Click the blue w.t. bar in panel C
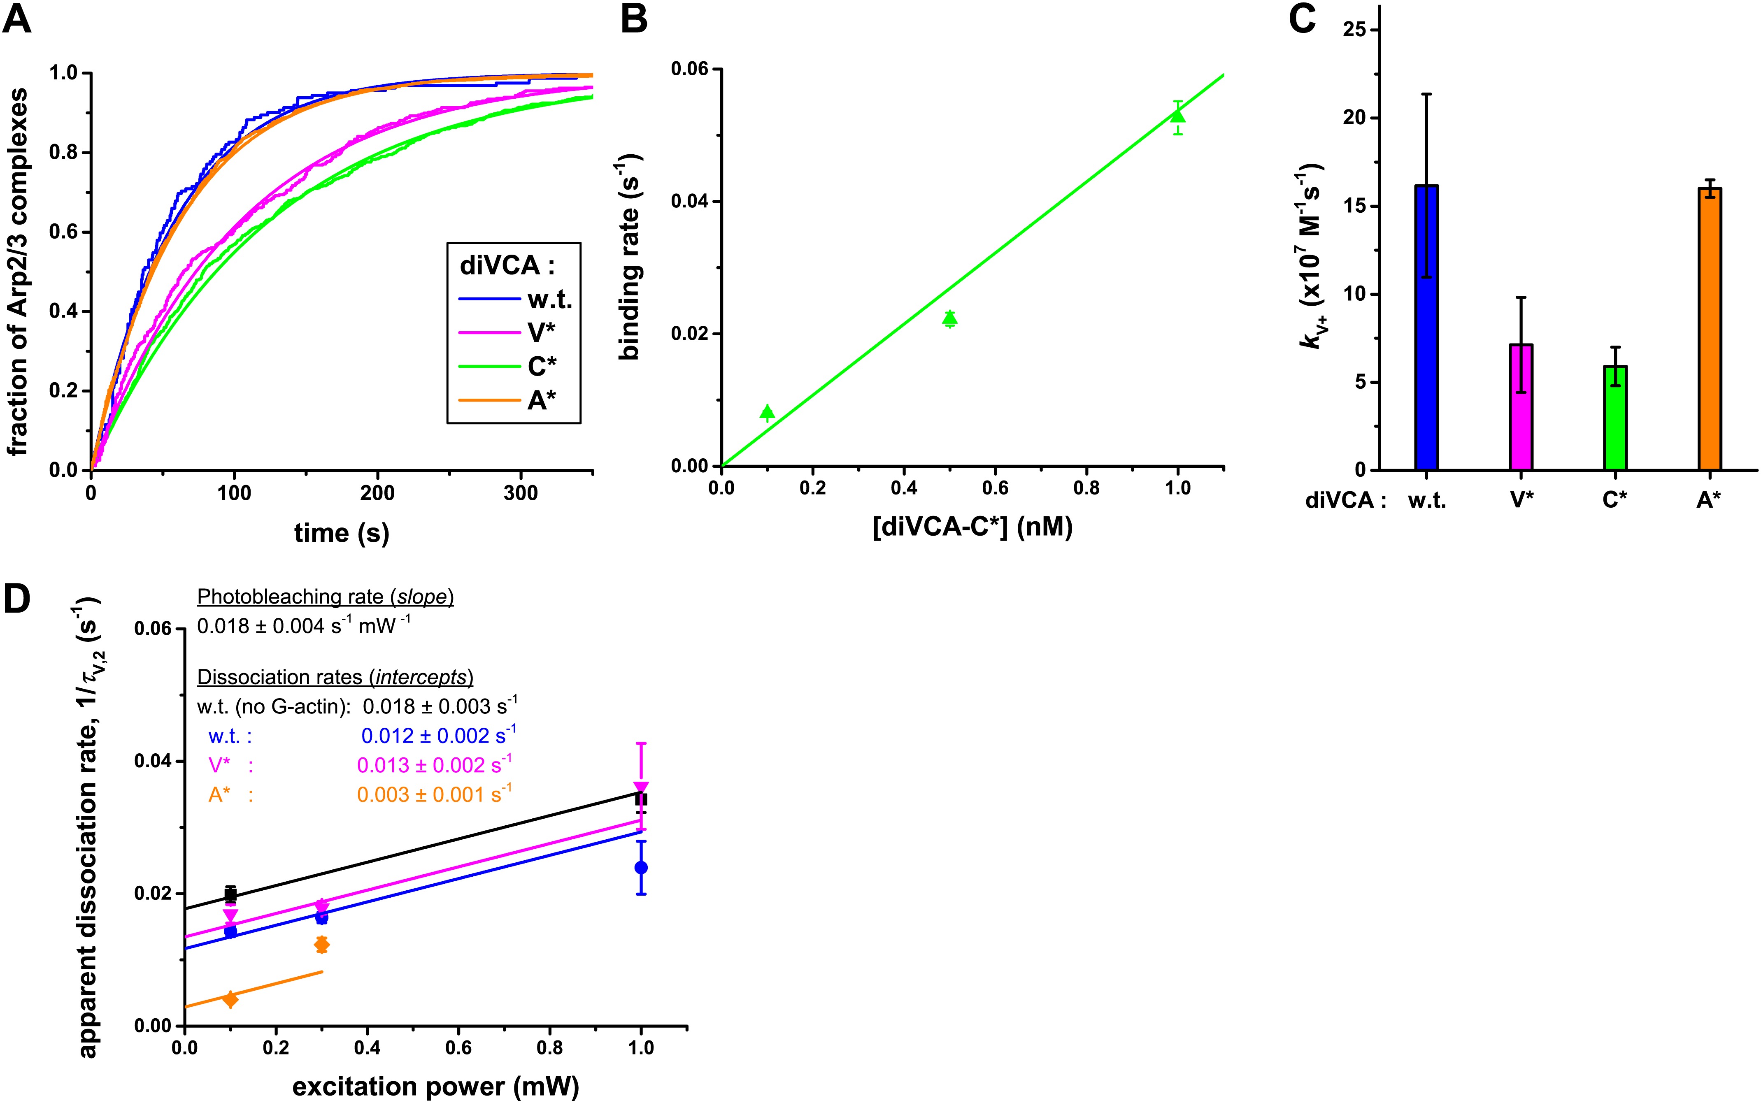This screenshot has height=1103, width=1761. click(x=1426, y=328)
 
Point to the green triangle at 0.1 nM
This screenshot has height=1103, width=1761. click(x=767, y=412)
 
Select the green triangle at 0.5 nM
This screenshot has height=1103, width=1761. click(x=949, y=318)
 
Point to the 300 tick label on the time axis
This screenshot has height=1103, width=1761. click(x=520, y=493)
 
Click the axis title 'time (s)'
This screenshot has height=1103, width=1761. click(x=342, y=533)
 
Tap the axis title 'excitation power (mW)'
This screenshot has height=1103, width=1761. click(x=435, y=1086)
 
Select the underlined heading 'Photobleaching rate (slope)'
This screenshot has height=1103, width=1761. click(x=326, y=597)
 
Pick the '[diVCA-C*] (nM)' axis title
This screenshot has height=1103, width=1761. click(x=972, y=527)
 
